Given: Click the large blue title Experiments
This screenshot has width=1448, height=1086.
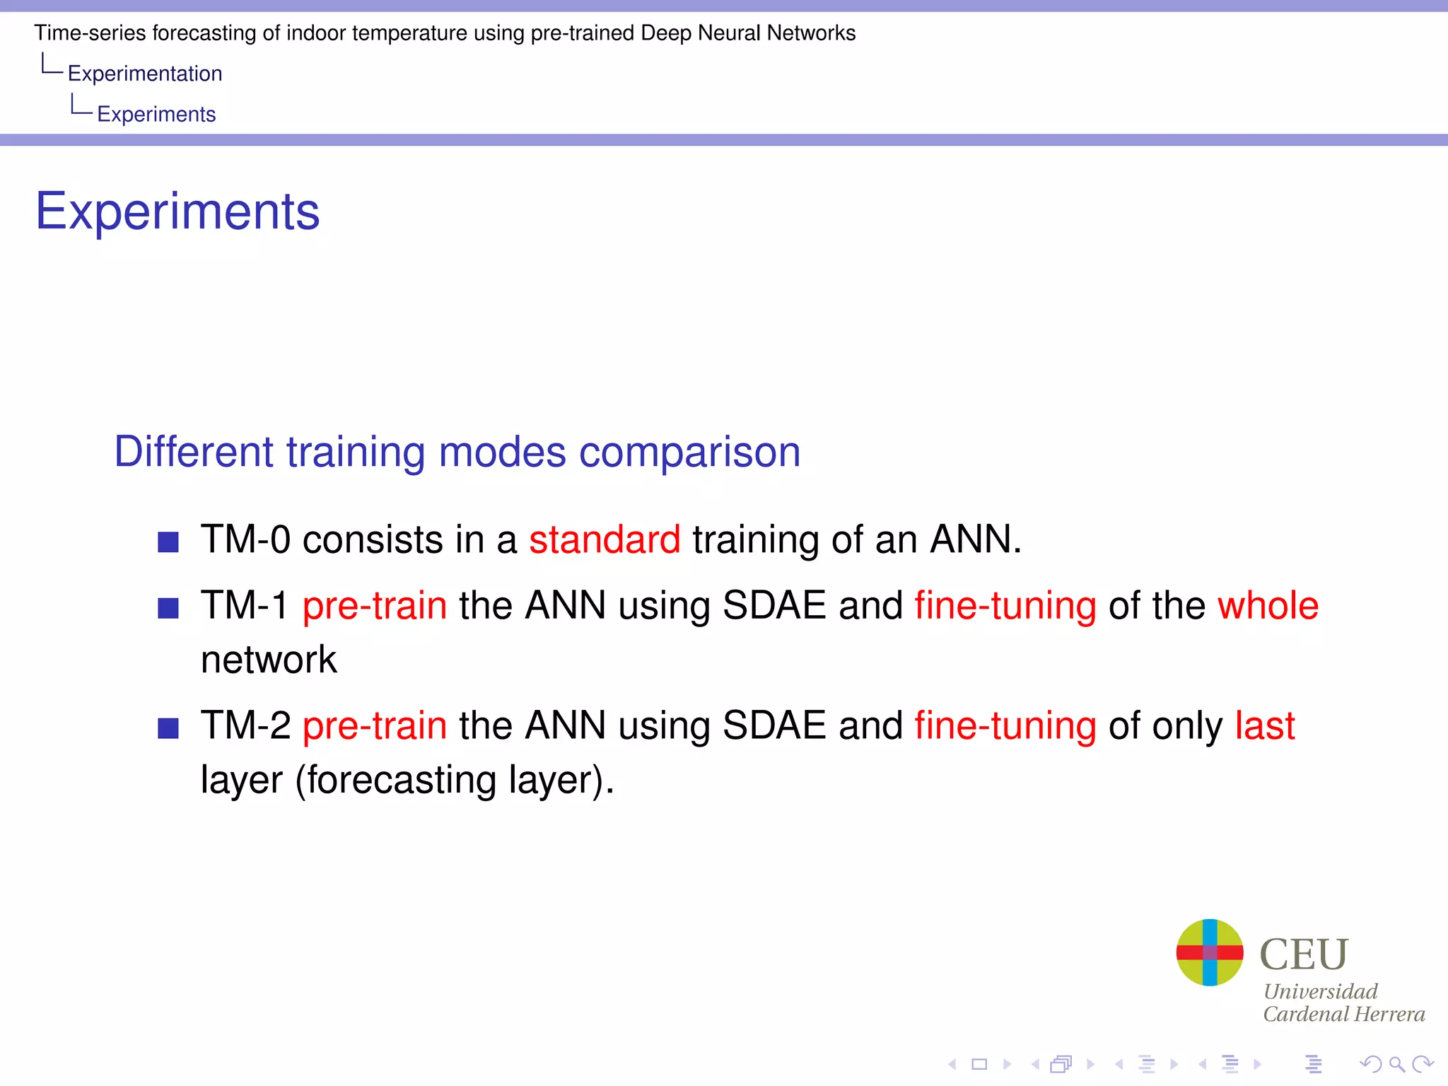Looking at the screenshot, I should point(177,211).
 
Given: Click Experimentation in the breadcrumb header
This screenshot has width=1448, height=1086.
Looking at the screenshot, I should point(145,74).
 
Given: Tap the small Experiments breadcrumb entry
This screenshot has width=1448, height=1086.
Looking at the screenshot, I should point(156,115).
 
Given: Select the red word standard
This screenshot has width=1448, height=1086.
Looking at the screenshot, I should point(605,539).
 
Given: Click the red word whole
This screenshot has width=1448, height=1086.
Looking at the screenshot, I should point(1268,606).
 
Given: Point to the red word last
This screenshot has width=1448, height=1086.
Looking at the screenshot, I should point(1265,726).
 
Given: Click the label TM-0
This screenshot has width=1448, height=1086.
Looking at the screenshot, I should point(245,539).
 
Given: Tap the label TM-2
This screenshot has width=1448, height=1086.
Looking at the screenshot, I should point(245,726).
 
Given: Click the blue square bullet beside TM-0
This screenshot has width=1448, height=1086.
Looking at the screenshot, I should point(168,542).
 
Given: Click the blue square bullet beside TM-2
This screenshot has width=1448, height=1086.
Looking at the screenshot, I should point(168,728).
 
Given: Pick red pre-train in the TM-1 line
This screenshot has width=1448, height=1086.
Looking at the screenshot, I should point(375,606).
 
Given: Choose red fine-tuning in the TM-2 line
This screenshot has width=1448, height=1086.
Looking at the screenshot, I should point(1005,726).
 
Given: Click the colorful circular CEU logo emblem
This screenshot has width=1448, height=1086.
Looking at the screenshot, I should point(1209,952).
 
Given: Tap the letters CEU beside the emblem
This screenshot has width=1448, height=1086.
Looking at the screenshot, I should point(1304,954).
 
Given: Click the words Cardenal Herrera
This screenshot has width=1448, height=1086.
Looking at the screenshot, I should point(1343,1015).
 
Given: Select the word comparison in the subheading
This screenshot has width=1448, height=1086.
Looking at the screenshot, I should point(689,452).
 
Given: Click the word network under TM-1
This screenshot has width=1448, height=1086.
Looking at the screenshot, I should point(269,660).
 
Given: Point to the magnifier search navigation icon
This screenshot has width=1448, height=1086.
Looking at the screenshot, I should point(1396,1064).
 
